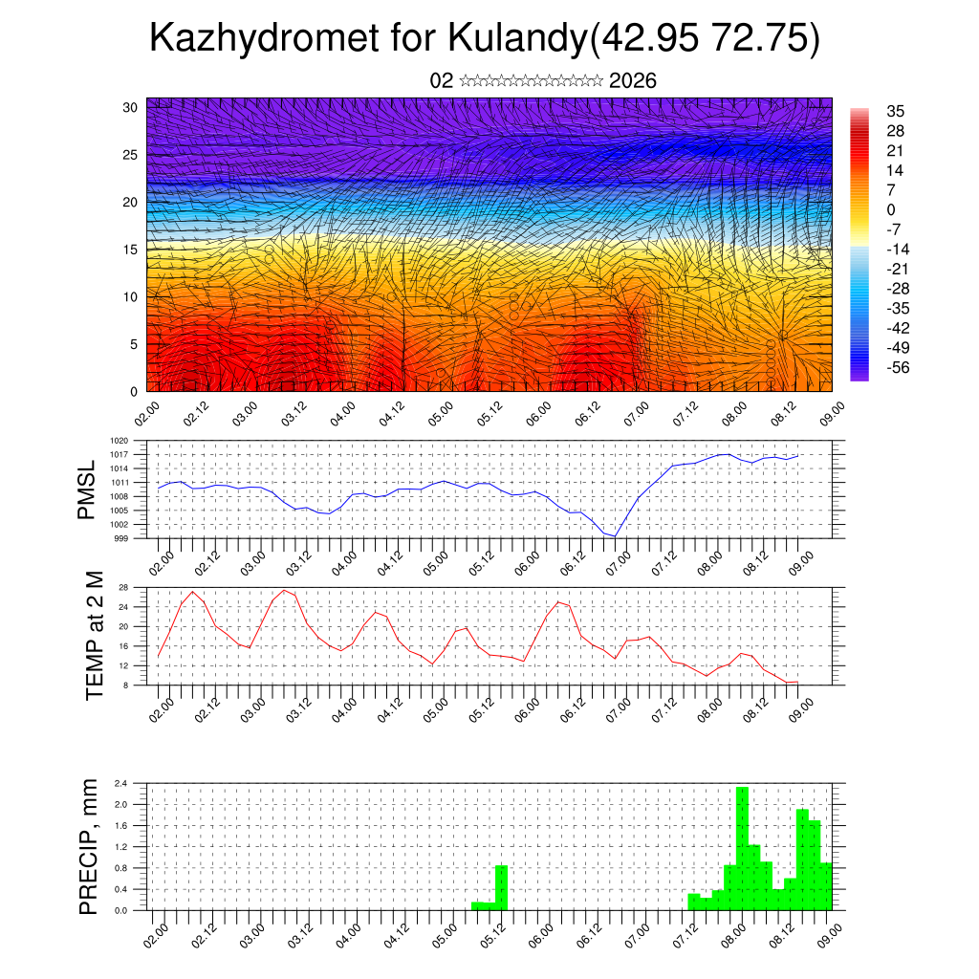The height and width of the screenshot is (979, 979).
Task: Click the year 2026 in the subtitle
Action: pyautogui.click(x=633, y=81)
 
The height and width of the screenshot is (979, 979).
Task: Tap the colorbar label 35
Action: pyautogui.click(x=896, y=111)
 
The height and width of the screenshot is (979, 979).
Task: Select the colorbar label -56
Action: pyautogui.click(x=896, y=367)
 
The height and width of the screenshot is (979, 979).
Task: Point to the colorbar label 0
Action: pyautogui.click(x=891, y=209)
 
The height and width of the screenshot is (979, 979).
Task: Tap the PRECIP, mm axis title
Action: pyautogui.click(x=89, y=846)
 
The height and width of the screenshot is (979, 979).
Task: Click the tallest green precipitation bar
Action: pyautogui.click(x=742, y=846)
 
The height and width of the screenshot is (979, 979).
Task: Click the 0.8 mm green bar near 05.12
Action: pyautogui.click(x=501, y=887)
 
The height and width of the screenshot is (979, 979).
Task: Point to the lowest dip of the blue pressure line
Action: pyautogui.click(x=617, y=536)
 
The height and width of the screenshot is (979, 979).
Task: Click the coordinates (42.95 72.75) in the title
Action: pyautogui.click(x=706, y=39)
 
